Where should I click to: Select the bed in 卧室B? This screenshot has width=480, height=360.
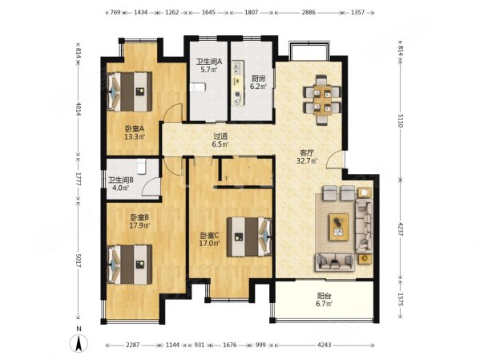(129, 261)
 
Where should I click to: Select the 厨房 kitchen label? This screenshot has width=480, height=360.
(256, 79)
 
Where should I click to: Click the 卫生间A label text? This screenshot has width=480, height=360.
(210, 61)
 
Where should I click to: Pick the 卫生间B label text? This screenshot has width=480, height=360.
(122, 180)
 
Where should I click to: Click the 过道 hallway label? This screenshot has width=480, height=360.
(220, 136)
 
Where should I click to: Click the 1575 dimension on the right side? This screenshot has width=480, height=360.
(400, 297)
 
